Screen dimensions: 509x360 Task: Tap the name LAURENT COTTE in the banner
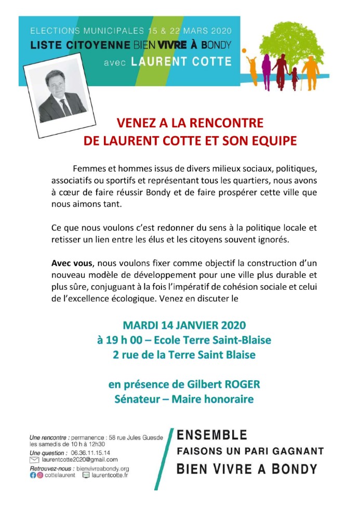coord(181,62)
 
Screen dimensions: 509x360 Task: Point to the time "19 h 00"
coord(125,341)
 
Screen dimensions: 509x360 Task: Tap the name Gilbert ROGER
coord(227,385)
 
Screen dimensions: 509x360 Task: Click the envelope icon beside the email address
coord(35,460)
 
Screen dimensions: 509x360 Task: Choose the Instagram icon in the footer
coord(40,475)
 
